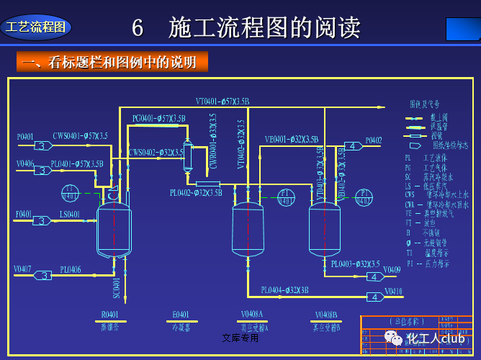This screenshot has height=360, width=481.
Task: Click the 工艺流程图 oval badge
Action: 35,27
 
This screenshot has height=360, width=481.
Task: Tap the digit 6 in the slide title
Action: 138,29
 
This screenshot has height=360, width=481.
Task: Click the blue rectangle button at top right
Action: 462,29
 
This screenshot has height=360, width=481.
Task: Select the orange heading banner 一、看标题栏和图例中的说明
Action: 112,62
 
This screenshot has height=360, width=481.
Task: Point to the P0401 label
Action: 25,136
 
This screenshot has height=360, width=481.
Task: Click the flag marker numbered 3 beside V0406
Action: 42,171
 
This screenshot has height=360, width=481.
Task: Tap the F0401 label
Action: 24,214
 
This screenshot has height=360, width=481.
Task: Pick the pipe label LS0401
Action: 70,214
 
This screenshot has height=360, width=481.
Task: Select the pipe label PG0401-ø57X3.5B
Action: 158,118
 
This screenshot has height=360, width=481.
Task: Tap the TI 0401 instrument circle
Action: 70,193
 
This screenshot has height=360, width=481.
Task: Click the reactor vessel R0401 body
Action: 114,229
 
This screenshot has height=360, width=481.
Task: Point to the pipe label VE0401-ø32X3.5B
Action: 291,139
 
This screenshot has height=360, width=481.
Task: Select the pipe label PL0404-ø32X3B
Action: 285,290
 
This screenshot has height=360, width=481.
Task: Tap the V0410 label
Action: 393,292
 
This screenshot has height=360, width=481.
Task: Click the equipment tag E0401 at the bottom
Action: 181,315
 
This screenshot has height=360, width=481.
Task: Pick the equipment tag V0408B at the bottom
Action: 328,315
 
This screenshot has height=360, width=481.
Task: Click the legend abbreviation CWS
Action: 410,194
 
